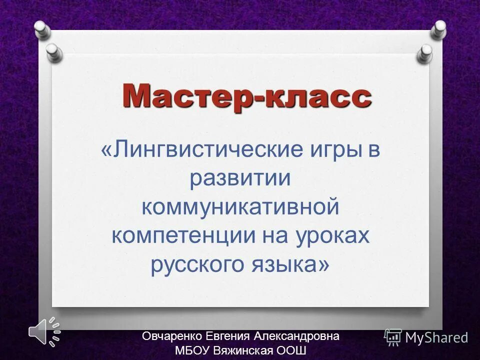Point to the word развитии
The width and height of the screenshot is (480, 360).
click(x=240, y=178)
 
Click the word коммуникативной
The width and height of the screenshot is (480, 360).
click(x=240, y=206)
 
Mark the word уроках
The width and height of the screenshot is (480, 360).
click(x=336, y=235)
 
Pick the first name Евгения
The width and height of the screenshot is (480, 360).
click(x=231, y=336)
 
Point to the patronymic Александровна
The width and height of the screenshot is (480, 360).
click(x=298, y=336)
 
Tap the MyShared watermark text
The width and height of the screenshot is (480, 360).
click(x=436, y=338)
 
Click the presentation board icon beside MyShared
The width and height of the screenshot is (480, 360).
click(x=393, y=337)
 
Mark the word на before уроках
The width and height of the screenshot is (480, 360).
click(x=278, y=235)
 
